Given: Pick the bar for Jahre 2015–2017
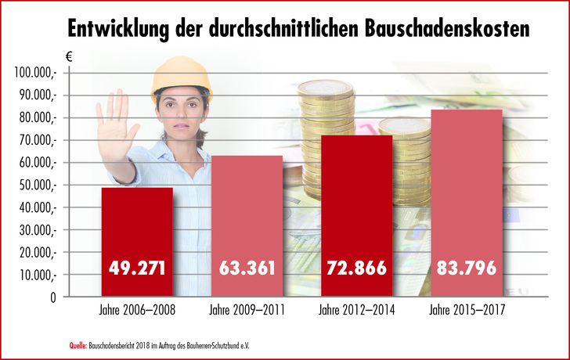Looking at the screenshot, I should (x=466, y=203).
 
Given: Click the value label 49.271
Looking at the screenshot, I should (x=137, y=268).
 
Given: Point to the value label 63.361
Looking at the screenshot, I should (x=247, y=268).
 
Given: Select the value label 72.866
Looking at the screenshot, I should (x=356, y=268).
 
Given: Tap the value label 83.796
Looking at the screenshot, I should (x=466, y=268).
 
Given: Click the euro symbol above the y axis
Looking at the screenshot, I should (x=67, y=56).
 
